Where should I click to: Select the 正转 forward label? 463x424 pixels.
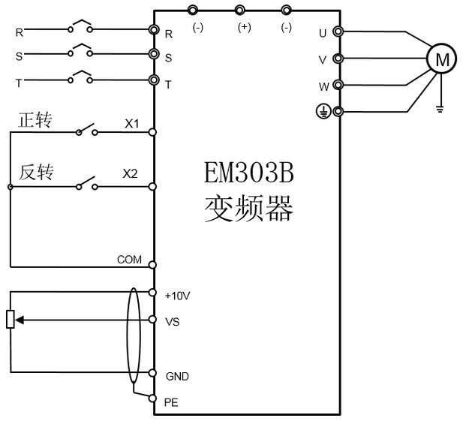coord(35,120)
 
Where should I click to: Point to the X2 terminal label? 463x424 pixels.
coord(131,174)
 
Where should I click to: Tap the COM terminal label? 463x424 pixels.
coord(129,260)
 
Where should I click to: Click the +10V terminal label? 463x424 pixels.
coord(177,296)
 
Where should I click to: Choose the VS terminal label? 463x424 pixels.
coord(172,321)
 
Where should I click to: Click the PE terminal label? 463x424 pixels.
coord(171,403)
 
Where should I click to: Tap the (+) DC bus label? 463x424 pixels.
coord(244,27)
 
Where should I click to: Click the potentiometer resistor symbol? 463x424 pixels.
coord(11,320)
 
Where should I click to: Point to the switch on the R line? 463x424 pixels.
coord(81,28)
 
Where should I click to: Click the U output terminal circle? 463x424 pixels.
coord(338,32)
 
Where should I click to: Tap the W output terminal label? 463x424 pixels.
coord(322,86)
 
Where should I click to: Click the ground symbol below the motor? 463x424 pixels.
coord(440,110)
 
